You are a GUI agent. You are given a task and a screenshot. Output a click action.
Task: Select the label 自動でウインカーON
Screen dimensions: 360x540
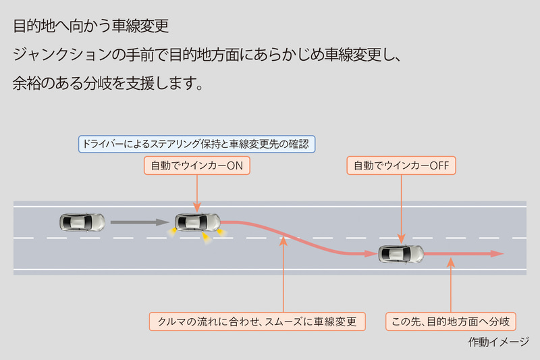pos(196,165)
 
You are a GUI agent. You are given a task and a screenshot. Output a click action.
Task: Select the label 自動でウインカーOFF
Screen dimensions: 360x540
pos(402,165)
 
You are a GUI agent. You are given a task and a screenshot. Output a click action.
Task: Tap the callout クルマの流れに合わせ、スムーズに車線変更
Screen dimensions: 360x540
pos(256,321)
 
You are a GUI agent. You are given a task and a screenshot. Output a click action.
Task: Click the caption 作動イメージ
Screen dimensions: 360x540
pos(498,342)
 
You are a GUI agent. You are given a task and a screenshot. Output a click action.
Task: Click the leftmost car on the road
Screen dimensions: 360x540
pos(82,221)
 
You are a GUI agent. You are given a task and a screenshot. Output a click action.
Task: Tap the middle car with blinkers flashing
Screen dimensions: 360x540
pos(197,221)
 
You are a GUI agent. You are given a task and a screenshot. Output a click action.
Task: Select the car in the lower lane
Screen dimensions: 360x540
pos(401,254)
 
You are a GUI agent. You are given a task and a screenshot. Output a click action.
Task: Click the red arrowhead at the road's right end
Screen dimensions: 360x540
pos(497,254)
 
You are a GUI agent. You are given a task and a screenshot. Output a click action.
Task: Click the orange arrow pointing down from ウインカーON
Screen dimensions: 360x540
pos(196,192)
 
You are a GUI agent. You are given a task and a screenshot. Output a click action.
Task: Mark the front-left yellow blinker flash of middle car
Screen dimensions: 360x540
pos(221,232)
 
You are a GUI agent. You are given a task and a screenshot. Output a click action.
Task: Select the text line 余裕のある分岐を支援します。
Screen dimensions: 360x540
pos(108,84)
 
